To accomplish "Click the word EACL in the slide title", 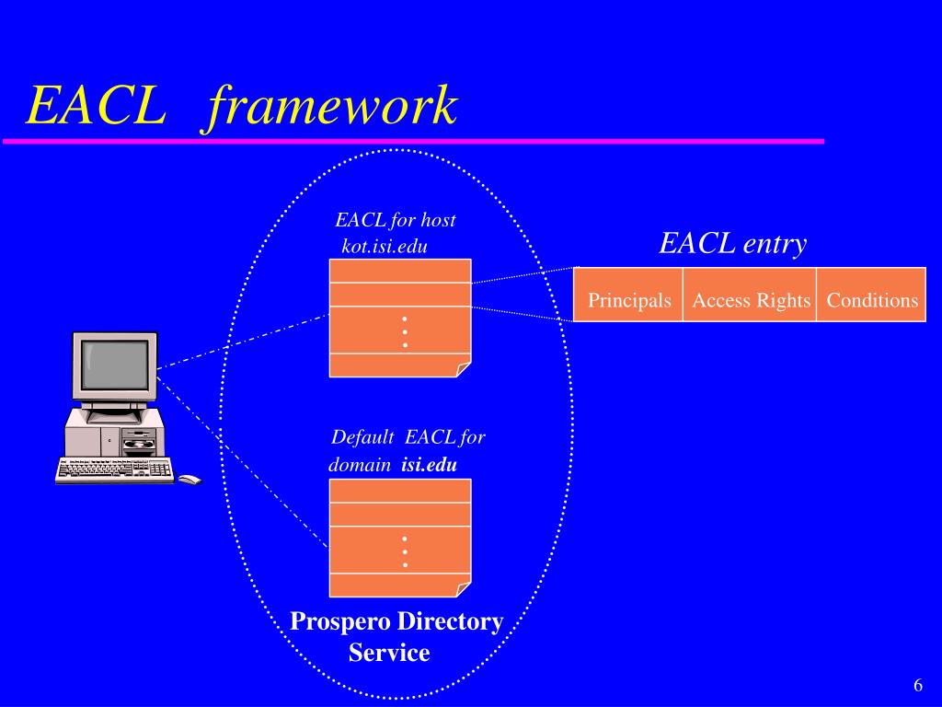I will pyautogui.click(x=96, y=106).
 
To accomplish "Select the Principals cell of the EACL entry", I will pyautogui.click(x=629, y=300).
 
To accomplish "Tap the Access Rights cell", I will pyautogui.click(x=751, y=300).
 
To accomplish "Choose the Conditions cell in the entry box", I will pyautogui.click(x=872, y=300).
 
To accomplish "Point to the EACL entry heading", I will pyautogui.click(x=732, y=243).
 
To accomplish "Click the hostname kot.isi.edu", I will pyautogui.click(x=385, y=247).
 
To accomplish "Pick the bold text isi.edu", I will pyautogui.click(x=430, y=465).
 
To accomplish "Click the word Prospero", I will pyautogui.click(x=341, y=622).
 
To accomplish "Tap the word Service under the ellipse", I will pyautogui.click(x=389, y=654).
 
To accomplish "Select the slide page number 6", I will pyautogui.click(x=917, y=686).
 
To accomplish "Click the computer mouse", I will pyautogui.click(x=190, y=480).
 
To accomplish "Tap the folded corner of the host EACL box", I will pyautogui.click(x=464, y=370).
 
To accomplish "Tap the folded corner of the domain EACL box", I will pyautogui.click(x=464, y=590).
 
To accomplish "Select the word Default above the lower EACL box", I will pyautogui.click(x=363, y=437).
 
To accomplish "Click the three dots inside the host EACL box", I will pyautogui.click(x=404, y=331).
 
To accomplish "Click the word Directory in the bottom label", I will pyautogui.click(x=450, y=622).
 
